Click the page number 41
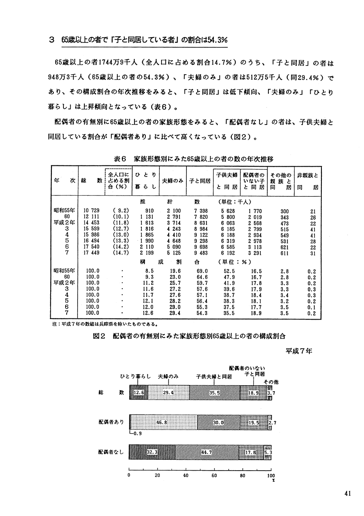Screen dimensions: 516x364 click(x=348, y=494)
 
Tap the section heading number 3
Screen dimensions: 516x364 click(x=51, y=40)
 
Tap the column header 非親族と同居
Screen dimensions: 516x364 click(x=307, y=181)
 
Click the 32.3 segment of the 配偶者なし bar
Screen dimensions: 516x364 click(x=152, y=453)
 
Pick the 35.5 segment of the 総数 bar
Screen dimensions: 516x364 click(x=215, y=393)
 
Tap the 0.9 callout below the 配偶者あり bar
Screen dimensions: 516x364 click(x=137, y=434)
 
